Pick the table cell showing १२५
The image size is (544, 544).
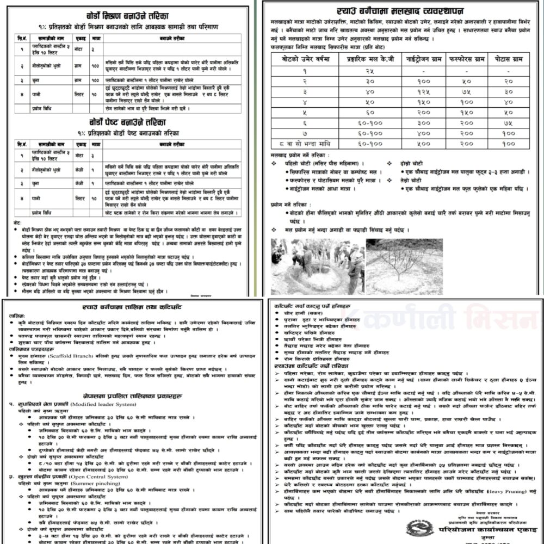[x=419, y=91]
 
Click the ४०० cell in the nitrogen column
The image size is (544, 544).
[x=419, y=133]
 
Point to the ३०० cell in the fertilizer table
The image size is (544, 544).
[x=419, y=122]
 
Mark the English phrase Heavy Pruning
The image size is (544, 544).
[x=481, y=490]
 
